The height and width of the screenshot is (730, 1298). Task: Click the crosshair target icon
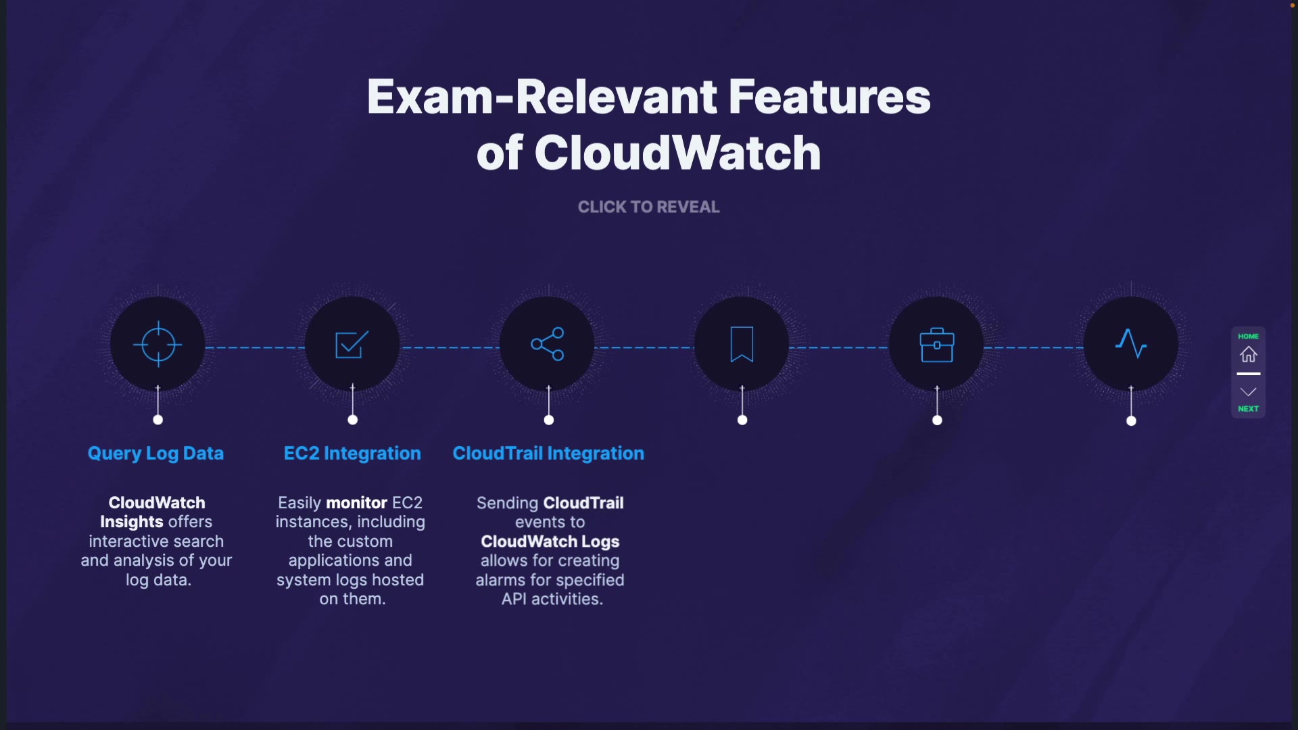(x=158, y=345)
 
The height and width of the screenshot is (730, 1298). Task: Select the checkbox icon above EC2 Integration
(x=352, y=345)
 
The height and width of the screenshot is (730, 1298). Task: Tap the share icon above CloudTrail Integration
(x=548, y=344)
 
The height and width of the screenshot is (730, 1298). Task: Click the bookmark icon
(x=742, y=345)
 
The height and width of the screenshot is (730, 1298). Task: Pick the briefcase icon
(x=936, y=345)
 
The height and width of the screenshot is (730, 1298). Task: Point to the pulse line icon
(x=1131, y=344)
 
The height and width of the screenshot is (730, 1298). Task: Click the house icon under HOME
(x=1248, y=354)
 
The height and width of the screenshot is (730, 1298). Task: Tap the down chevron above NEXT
(x=1248, y=392)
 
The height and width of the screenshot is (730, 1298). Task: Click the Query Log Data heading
(x=155, y=454)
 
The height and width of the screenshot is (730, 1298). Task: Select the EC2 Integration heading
(x=352, y=454)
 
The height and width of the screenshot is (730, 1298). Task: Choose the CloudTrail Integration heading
(x=548, y=454)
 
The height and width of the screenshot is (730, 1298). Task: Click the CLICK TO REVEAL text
(x=648, y=207)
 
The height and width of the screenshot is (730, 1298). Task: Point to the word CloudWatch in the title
(x=677, y=153)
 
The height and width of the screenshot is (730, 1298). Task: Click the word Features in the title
(x=830, y=97)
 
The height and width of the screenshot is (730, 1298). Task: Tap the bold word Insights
(x=131, y=522)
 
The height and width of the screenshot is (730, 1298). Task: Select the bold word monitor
(x=356, y=503)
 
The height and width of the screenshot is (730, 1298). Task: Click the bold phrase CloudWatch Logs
(x=550, y=541)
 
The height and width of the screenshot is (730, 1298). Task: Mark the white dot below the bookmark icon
(x=742, y=420)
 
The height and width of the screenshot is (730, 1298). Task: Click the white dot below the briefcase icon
(x=937, y=420)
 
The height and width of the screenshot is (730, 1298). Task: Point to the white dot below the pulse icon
(x=1131, y=421)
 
